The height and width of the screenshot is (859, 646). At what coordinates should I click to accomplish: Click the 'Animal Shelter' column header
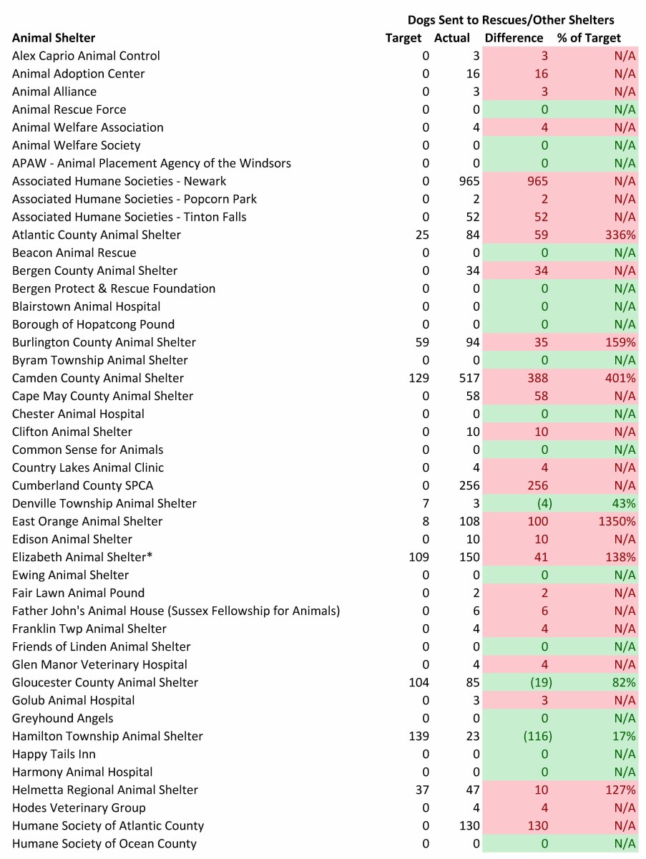click(x=54, y=38)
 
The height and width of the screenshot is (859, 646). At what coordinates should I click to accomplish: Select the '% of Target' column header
click(x=589, y=38)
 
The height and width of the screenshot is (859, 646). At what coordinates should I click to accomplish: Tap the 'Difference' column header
click(x=514, y=38)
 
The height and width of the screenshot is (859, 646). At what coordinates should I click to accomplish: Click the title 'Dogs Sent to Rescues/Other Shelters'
click(x=511, y=20)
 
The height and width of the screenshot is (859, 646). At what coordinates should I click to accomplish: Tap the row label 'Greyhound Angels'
click(x=63, y=718)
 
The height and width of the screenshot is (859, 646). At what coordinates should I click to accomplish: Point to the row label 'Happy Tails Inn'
click(x=54, y=754)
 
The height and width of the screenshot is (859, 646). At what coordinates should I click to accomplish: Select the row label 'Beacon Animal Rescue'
click(x=74, y=253)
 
